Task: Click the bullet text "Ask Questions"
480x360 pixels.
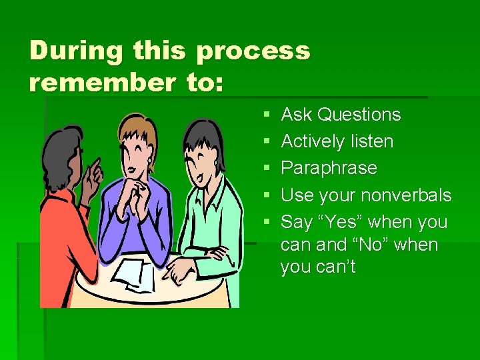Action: coord(341,115)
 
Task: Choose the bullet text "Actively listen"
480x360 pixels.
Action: coord(337,141)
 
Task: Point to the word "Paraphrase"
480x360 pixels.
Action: coord(329,168)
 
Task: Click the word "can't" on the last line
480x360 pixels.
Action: coord(337,267)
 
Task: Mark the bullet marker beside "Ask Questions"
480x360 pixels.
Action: coord(267,115)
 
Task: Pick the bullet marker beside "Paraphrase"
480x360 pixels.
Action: coord(267,169)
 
